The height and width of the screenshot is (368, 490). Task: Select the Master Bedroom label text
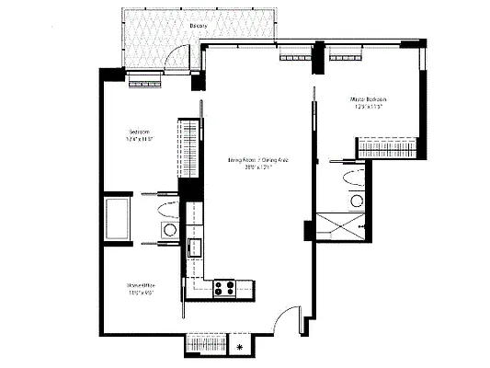[x=367, y=98]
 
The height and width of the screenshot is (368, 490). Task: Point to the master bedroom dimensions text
[x=367, y=108]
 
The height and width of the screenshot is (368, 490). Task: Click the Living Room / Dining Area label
[x=259, y=160]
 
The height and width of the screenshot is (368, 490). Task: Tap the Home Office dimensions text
[x=138, y=295]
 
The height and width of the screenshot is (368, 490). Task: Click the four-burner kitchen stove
[x=224, y=287]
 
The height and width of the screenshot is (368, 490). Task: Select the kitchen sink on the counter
[x=195, y=247]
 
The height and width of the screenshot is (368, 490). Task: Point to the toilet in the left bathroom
[x=169, y=230]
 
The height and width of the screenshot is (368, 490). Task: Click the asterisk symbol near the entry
[x=241, y=347]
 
